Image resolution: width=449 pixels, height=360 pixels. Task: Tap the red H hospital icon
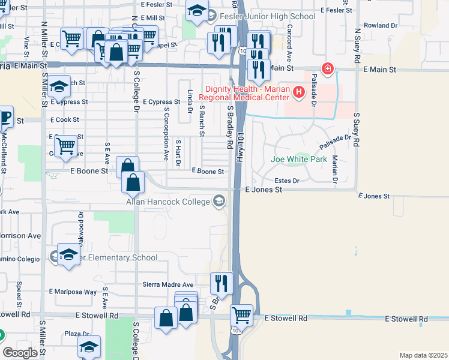(298, 92)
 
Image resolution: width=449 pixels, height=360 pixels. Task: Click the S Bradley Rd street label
(229, 127)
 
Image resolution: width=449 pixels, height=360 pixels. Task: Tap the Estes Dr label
(287, 180)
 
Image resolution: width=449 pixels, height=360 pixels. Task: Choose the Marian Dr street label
(335, 168)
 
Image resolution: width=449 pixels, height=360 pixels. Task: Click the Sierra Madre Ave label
(167, 284)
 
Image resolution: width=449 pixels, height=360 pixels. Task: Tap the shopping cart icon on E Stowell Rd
(242, 314)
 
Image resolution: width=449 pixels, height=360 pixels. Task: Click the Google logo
(20, 353)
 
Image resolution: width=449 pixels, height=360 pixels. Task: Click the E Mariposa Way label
(74, 292)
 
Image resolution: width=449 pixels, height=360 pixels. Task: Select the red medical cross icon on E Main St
(328, 69)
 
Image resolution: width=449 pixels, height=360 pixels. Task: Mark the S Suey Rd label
(357, 130)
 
